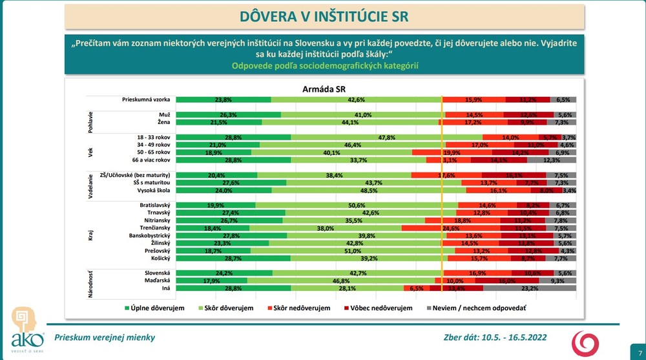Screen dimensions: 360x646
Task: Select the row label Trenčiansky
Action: click(152, 228)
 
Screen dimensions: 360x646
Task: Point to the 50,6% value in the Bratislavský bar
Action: click(357, 205)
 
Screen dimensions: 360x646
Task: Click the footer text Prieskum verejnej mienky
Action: click(105, 337)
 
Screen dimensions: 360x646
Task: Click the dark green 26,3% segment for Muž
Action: click(229, 114)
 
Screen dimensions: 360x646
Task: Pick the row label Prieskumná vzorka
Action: click(146, 100)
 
